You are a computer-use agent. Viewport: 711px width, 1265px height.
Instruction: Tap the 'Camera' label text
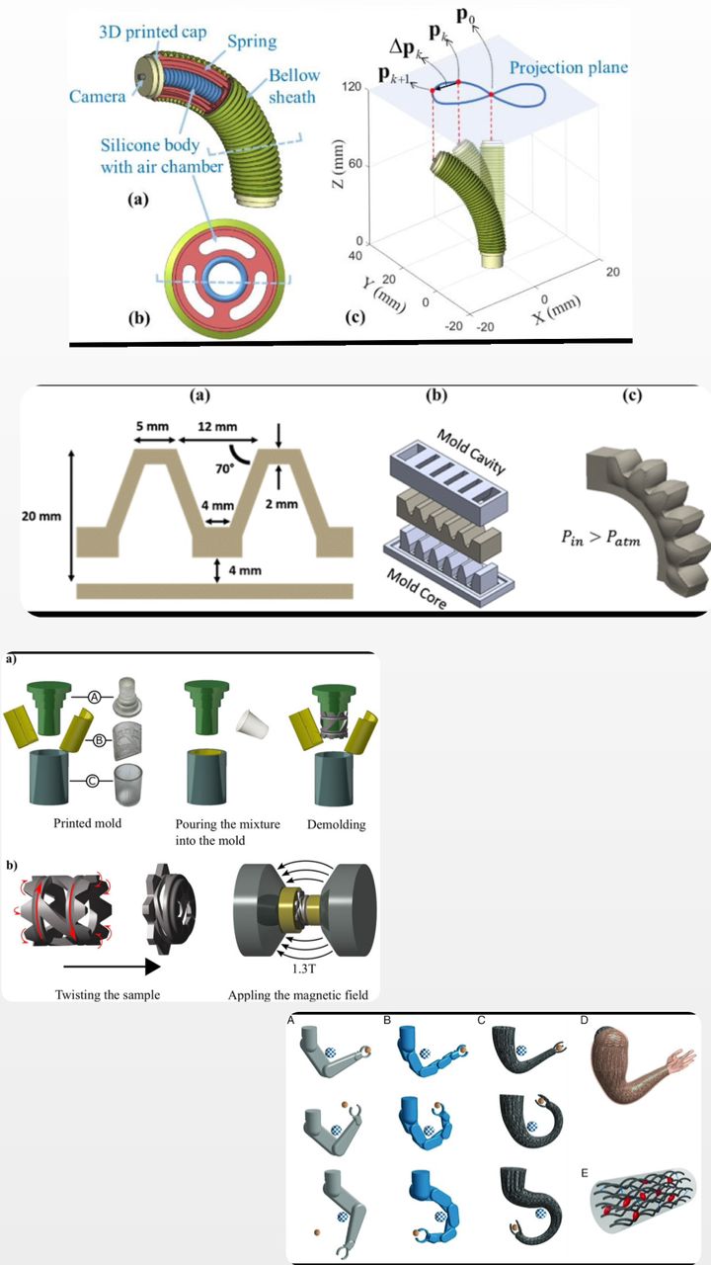pos(97,96)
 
